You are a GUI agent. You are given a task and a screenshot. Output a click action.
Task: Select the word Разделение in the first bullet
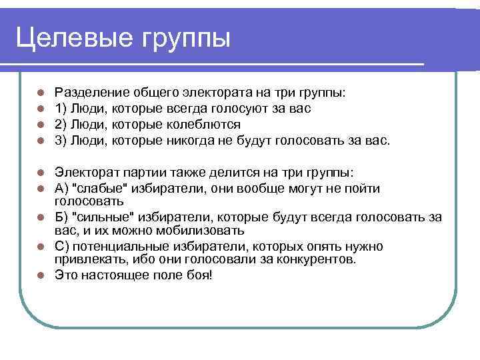(x=89, y=93)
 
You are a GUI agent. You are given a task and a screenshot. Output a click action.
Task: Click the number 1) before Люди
(x=61, y=109)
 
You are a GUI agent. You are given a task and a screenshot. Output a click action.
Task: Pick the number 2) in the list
(x=61, y=125)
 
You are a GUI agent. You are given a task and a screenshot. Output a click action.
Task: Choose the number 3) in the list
(x=61, y=141)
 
